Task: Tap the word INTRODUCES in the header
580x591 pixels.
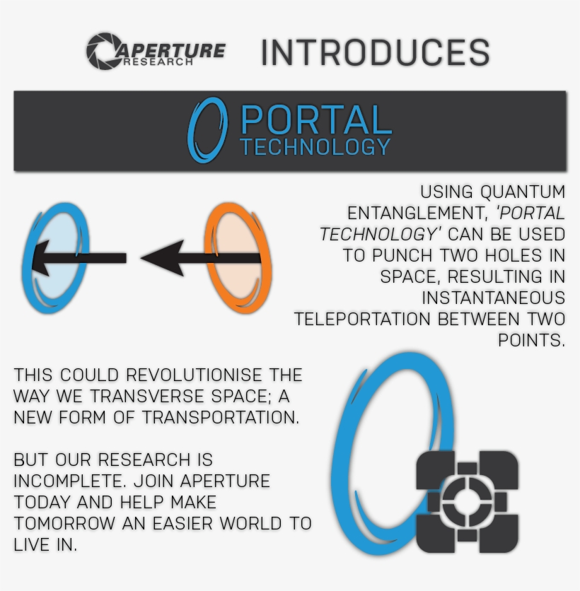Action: (x=376, y=52)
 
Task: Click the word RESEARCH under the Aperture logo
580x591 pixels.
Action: (x=158, y=62)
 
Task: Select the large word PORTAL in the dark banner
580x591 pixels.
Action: (x=316, y=119)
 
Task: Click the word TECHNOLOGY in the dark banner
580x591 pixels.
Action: (x=315, y=146)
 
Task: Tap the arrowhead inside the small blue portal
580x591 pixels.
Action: (x=42, y=258)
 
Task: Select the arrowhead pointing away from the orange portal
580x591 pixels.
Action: (x=162, y=258)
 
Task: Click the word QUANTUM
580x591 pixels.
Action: (x=523, y=192)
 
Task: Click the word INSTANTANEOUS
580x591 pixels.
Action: (x=493, y=298)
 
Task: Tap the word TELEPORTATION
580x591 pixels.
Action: (x=362, y=320)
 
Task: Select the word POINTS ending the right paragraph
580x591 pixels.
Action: (x=531, y=340)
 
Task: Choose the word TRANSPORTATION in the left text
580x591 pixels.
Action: (x=221, y=417)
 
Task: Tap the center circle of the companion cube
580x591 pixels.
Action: (x=467, y=501)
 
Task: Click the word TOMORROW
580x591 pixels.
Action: (x=64, y=523)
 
